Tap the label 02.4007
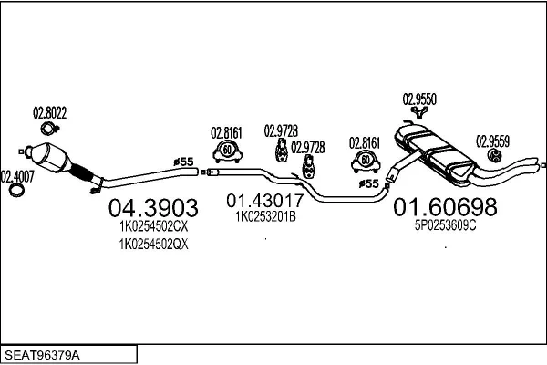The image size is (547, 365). coord(16,176)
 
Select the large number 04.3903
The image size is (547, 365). coord(153,208)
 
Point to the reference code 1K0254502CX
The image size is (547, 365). coord(153,227)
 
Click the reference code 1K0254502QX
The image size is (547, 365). coord(153,244)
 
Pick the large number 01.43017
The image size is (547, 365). coord(265,200)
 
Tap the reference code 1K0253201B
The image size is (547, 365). coord(265,217)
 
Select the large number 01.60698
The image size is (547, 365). coord(445,207)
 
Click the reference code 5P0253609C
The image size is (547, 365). coord(445,225)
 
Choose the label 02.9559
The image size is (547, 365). coord(492,141)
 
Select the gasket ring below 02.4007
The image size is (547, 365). coord(15,192)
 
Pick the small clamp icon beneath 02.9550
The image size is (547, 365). coord(419,111)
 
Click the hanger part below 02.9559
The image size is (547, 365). coord(497,157)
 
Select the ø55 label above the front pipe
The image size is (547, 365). coord(184,162)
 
